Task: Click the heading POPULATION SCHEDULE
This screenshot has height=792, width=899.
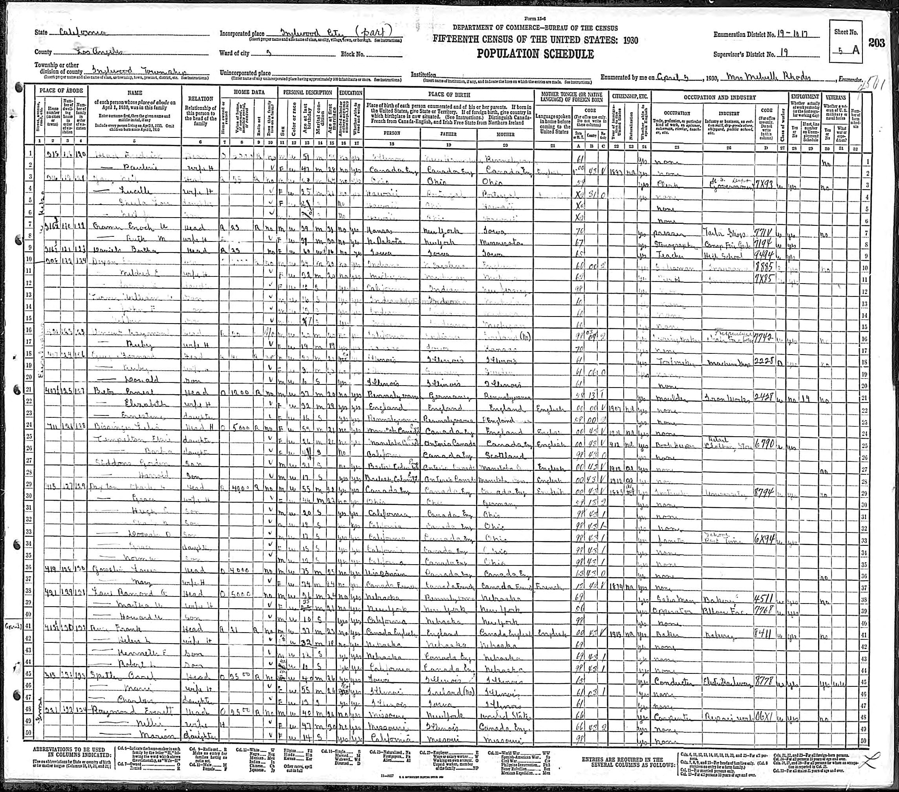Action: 535,54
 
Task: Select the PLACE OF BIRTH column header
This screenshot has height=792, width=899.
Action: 449,94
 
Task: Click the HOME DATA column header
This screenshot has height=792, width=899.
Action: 249,93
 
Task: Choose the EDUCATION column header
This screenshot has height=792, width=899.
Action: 351,93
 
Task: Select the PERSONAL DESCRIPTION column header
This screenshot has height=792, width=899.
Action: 307,93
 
